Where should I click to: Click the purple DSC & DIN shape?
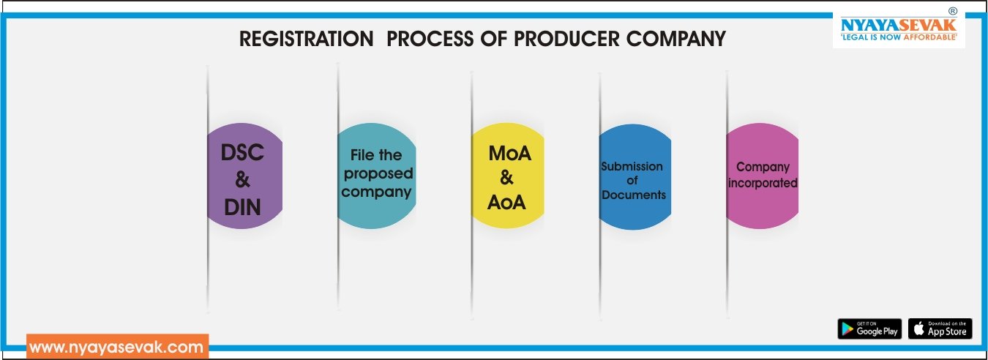point(244,176)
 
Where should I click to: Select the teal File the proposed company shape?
point(377,176)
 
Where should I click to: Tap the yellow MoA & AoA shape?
point(508,176)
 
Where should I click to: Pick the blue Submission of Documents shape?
point(635,177)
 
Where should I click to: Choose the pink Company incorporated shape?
point(762,176)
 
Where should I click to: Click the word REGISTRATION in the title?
point(307,39)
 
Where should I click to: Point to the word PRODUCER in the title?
point(566,39)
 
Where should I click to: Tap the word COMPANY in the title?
point(675,39)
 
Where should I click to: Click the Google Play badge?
point(869,329)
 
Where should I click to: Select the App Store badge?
point(940,329)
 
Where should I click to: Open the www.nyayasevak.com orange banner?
point(117,347)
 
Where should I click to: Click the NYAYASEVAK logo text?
point(899,25)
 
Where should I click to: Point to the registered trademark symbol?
point(953,11)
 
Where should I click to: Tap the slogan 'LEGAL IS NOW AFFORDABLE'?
point(899,37)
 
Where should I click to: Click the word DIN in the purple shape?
point(242,207)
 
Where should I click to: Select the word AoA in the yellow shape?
point(506,203)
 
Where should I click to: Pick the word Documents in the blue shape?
point(634,195)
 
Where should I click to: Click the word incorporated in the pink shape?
point(763,183)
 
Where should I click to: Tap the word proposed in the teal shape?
point(378,174)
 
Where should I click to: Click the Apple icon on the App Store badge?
point(918,329)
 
